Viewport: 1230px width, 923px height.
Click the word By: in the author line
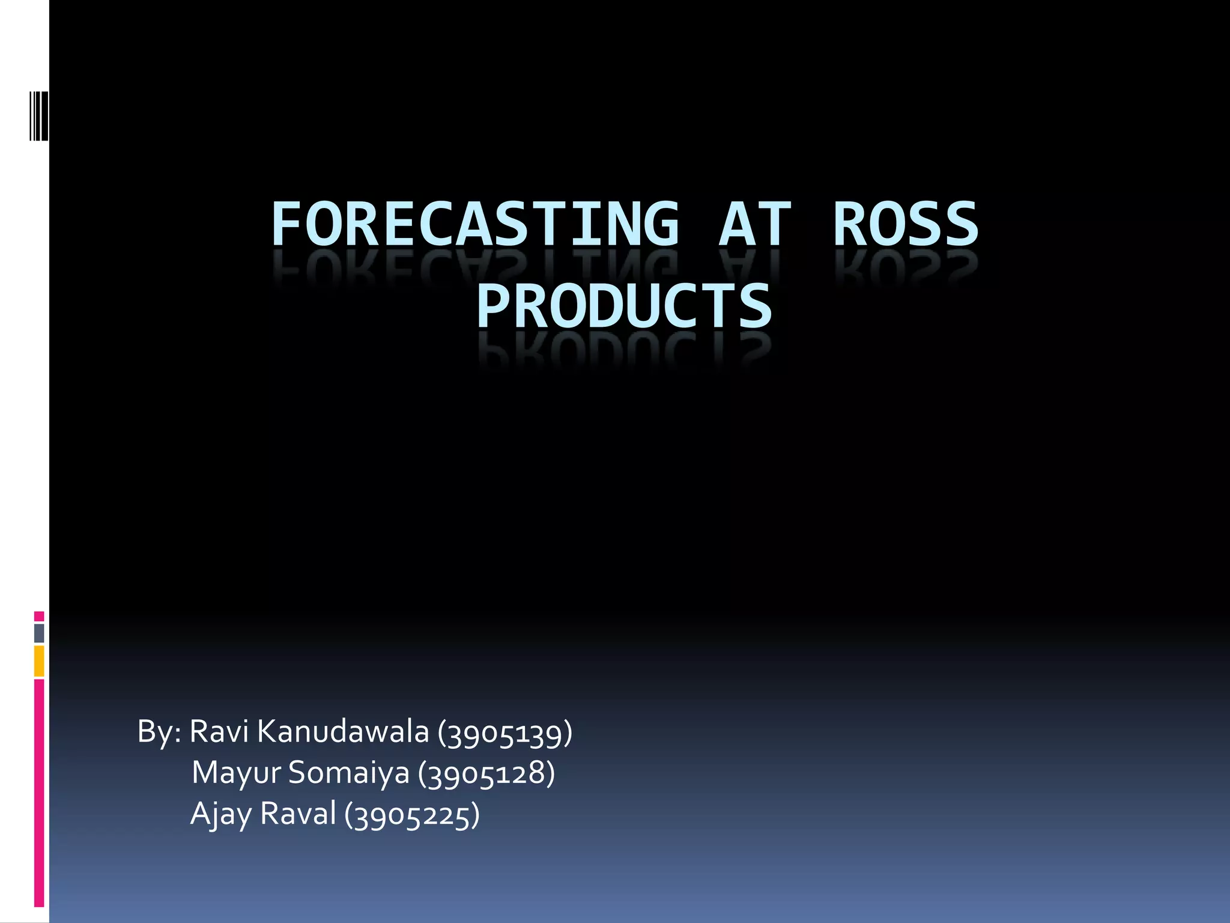click(159, 733)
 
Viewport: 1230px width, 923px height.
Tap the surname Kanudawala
click(343, 731)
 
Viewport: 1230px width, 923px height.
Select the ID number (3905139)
click(504, 733)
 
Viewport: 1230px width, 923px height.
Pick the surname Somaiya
click(348, 773)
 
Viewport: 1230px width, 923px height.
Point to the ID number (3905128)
click(486, 774)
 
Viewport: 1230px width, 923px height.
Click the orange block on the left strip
click(39, 661)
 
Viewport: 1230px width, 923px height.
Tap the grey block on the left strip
click(39, 633)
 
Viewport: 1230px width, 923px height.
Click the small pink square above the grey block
click(39, 616)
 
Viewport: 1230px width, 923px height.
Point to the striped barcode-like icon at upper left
click(39, 115)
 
